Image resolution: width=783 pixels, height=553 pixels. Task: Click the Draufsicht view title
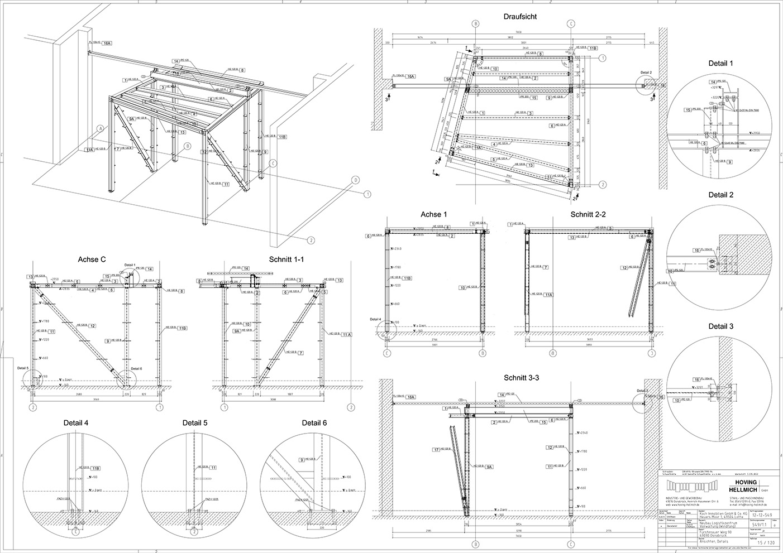(520, 17)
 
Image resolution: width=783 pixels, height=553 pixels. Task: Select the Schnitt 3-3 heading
(520, 378)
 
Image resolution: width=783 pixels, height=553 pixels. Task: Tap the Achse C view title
(93, 259)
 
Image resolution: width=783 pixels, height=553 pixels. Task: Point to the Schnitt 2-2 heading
(588, 214)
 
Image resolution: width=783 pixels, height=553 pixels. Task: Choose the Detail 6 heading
(314, 423)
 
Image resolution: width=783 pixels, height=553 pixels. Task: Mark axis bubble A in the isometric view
(100, 128)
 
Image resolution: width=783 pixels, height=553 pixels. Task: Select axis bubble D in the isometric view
(355, 180)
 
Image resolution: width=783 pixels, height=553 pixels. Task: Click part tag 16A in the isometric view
(107, 43)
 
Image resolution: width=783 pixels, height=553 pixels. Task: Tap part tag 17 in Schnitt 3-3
(436, 449)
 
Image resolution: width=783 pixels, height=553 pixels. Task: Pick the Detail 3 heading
(720, 326)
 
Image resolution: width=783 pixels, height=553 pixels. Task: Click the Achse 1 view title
(434, 214)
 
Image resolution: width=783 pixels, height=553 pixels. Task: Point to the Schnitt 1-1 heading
(287, 259)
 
